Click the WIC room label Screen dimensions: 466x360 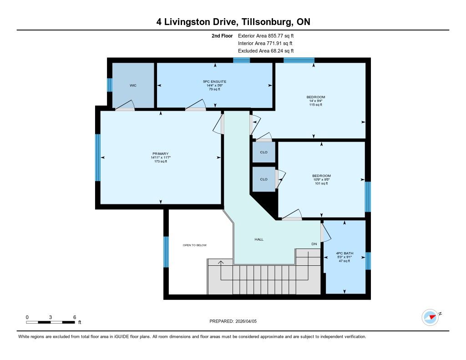(133, 85)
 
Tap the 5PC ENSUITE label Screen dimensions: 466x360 (215, 81)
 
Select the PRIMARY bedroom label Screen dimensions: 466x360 (161, 154)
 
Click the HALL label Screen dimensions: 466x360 (259, 239)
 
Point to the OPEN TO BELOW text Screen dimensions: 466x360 (195, 245)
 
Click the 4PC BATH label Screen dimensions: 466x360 (344, 254)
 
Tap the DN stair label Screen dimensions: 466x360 (314, 244)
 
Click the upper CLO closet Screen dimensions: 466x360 (263, 152)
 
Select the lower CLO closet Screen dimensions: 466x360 (263, 179)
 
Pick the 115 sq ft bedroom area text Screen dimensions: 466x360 (316, 105)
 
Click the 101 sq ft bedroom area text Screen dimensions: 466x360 (321, 183)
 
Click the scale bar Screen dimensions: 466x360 (51, 322)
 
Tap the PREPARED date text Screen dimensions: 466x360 (233, 321)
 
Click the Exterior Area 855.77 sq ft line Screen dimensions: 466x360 (266, 35)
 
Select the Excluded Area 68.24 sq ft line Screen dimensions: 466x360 (266, 51)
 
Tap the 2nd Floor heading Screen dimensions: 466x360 (222, 35)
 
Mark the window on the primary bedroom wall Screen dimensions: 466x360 (98, 157)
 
